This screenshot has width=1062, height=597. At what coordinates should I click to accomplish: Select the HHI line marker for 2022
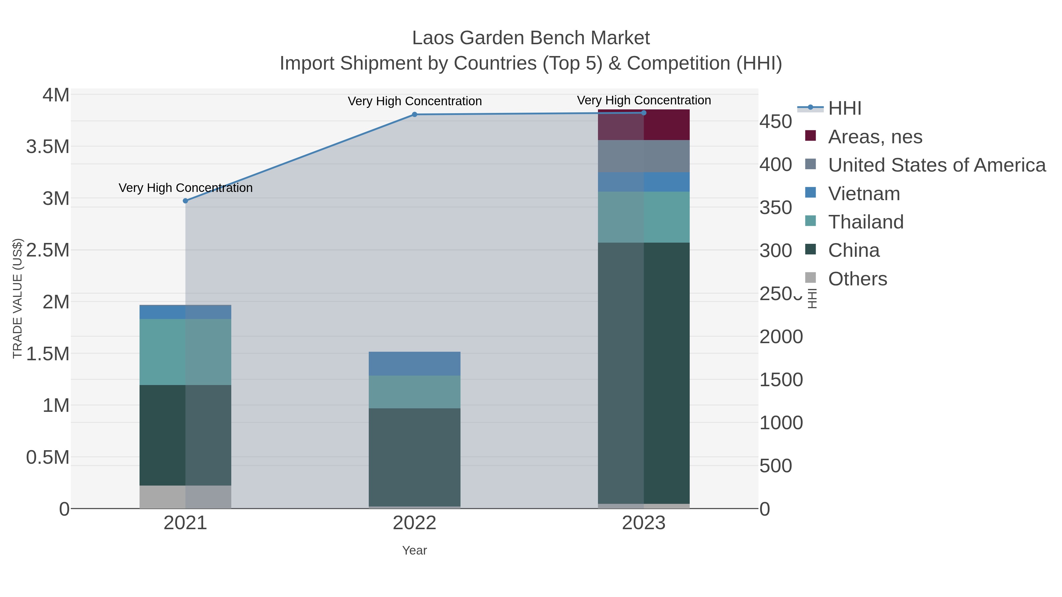pos(414,115)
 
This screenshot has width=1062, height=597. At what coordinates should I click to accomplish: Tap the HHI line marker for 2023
pos(644,113)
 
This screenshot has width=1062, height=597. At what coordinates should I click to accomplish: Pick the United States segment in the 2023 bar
pos(644,156)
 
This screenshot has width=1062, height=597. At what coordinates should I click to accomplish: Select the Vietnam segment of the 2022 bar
pos(414,364)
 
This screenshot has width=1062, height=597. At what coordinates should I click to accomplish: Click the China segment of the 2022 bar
pos(414,457)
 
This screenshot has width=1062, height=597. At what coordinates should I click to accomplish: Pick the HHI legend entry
pos(844,108)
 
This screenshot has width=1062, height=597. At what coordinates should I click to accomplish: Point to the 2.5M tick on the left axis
pos(48,250)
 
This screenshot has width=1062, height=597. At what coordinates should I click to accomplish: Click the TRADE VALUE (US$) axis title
pos(18,298)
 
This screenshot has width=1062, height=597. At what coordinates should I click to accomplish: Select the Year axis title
pos(414,550)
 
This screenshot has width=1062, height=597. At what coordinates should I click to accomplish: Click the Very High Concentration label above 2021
pos(186,188)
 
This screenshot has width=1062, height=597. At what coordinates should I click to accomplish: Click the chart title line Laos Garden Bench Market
pos(531,38)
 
